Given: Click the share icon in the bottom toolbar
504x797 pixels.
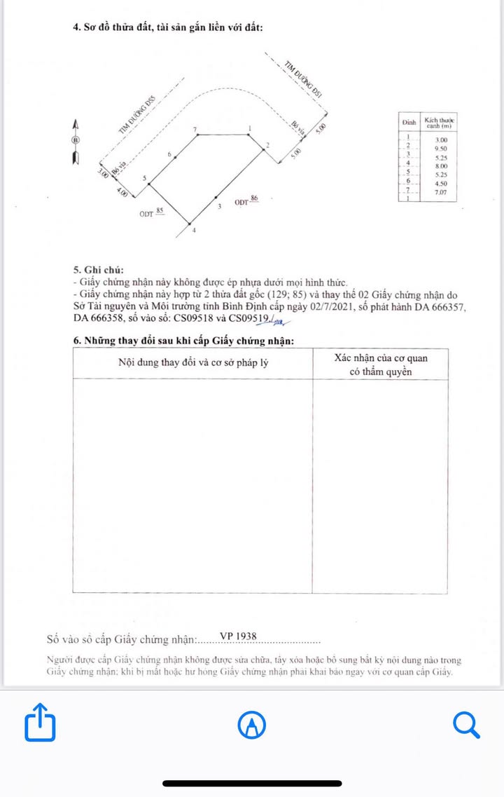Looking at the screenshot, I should [40, 722].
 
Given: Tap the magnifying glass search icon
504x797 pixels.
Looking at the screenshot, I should [465, 724].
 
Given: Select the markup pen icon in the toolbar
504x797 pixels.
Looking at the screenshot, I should [252, 725].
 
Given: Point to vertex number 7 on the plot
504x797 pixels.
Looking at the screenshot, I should [195, 130].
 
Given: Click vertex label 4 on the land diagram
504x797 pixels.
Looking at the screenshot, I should [194, 230].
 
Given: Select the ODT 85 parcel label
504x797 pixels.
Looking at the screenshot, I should [152, 212].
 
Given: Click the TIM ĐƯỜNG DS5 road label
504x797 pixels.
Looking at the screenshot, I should [136, 116].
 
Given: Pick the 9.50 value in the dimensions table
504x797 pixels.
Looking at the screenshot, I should [440, 149].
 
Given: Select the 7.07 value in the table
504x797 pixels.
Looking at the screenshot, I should [440, 191].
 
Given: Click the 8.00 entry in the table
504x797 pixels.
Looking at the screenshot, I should [440, 166].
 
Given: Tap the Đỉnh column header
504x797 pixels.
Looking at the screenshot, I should [409, 122].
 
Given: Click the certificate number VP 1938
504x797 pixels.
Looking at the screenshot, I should [239, 636].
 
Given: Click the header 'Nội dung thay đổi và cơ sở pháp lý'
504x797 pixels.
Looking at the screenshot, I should [193, 363].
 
